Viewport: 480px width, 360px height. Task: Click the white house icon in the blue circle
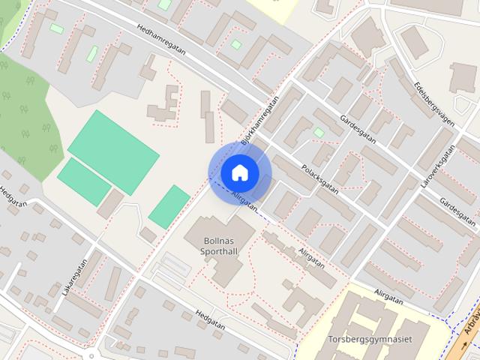(239, 172)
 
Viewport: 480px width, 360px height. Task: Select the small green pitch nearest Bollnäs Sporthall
(169, 206)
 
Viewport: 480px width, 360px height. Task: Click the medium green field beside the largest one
(84, 181)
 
